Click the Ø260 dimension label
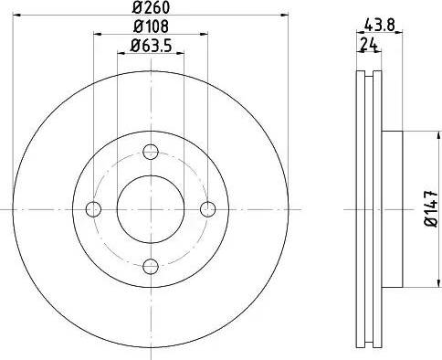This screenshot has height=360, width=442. [151, 7]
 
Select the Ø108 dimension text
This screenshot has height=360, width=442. [151, 26]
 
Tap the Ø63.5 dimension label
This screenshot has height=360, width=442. [151, 46]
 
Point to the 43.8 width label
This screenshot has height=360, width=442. [379, 25]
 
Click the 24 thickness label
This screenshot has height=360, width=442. [369, 45]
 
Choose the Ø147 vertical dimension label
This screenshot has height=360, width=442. [431, 209]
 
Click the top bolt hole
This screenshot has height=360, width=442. [151, 152]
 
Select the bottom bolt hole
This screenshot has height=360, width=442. [151, 266]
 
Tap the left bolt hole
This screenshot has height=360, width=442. [93, 209]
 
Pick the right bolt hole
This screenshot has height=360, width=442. [208, 209]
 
